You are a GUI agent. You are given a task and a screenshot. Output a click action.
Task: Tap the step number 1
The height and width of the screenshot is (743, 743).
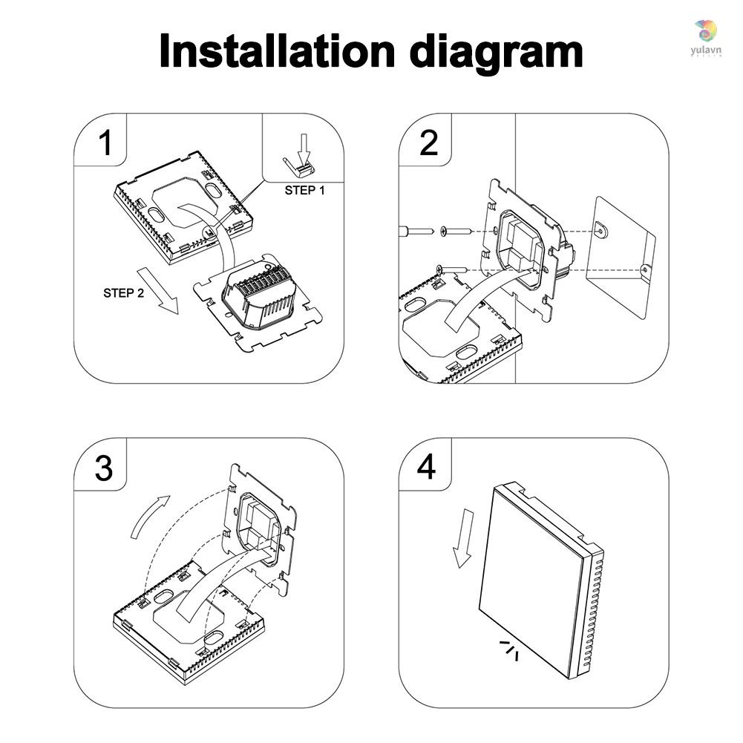click(x=105, y=143)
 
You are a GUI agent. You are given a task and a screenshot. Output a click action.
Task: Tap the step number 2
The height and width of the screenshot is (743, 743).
click(x=429, y=143)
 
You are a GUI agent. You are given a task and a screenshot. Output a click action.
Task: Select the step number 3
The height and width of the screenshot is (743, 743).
click(x=105, y=468)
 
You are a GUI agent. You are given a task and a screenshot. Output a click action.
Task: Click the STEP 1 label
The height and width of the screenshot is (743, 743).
click(x=304, y=190)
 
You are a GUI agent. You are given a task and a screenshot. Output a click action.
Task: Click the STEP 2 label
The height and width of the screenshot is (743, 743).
click(x=124, y=293)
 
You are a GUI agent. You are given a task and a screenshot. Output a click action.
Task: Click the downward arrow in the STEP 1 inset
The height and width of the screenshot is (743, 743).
click(x=302, y=144)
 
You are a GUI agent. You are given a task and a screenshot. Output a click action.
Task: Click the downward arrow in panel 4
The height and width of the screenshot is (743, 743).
click(x=465, y=537)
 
